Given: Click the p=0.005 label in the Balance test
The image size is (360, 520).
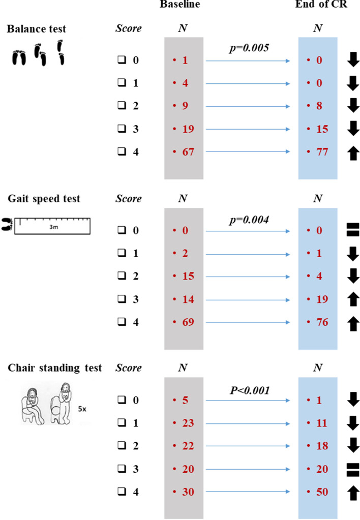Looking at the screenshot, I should click(x=248, y=49).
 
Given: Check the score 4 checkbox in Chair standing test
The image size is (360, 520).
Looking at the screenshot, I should click(x=121, y=492).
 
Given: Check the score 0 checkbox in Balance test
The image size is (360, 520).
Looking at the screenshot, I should click(x=121, y=60).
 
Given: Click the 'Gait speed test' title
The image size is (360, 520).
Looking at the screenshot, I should click(x=43, y=199).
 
